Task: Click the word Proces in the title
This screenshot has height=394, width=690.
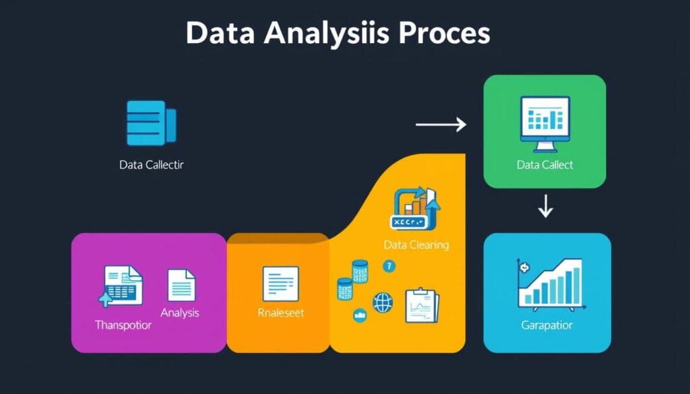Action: pos(442,34)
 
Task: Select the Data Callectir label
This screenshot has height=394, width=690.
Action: pos(151,164)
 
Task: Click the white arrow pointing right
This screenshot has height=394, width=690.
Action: pos(441,125)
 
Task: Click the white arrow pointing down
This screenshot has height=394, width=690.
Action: pos(545,207)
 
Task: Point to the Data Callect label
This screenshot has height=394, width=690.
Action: pos(544,164)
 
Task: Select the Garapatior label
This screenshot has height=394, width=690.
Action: pos(546,325)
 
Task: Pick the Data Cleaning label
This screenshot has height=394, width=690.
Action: pos(416,244)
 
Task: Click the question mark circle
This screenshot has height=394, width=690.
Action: pos(389,267)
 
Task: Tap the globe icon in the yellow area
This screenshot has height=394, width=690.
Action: pos(383,302)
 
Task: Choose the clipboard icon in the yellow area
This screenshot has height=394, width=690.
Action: pos(421,304)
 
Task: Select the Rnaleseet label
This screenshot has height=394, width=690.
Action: pos(280,313)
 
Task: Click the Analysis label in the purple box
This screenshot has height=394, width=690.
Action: pos(180,313)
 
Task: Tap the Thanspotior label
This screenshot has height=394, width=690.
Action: pos(123,325)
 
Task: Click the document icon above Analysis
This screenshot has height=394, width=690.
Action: pos(181,285)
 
